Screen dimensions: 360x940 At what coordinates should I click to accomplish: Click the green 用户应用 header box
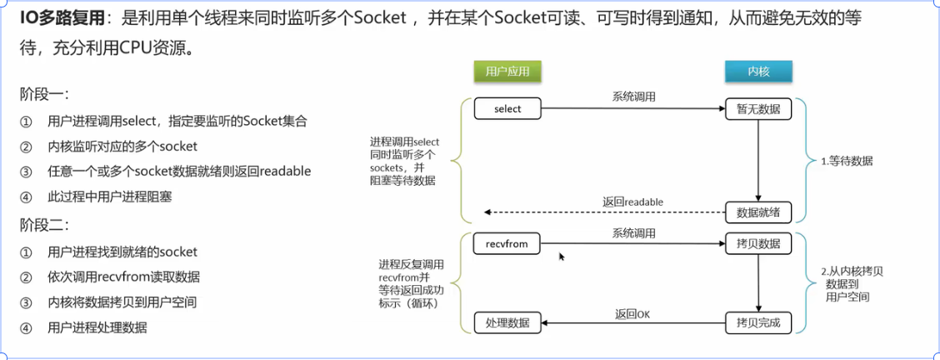(x=507, y=72)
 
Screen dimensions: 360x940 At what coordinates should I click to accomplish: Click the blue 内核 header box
(x=758, y=72)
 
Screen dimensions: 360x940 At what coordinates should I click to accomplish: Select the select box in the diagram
(x=507, y=109)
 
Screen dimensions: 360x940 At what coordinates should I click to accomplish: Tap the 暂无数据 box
(x=757, y=109)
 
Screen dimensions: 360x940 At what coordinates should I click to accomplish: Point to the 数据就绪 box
(x=757, y=212)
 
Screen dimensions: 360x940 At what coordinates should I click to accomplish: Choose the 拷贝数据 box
(x=757, y=244)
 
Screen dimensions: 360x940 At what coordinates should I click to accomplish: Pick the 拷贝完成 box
(x=757, y=322)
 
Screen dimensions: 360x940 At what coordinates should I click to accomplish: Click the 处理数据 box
(x=507, y=322)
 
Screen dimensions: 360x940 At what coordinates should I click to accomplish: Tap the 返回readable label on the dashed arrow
(x=633, y=202)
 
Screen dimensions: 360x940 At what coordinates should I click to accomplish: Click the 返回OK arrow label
(x=632, y=313)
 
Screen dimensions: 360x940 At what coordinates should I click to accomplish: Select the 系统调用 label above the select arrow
(x=633, y=97)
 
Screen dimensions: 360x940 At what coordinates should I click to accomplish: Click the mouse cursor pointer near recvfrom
(x=562, y=257)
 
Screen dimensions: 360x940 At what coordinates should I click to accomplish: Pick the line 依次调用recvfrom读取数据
(x=123, y=277)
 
